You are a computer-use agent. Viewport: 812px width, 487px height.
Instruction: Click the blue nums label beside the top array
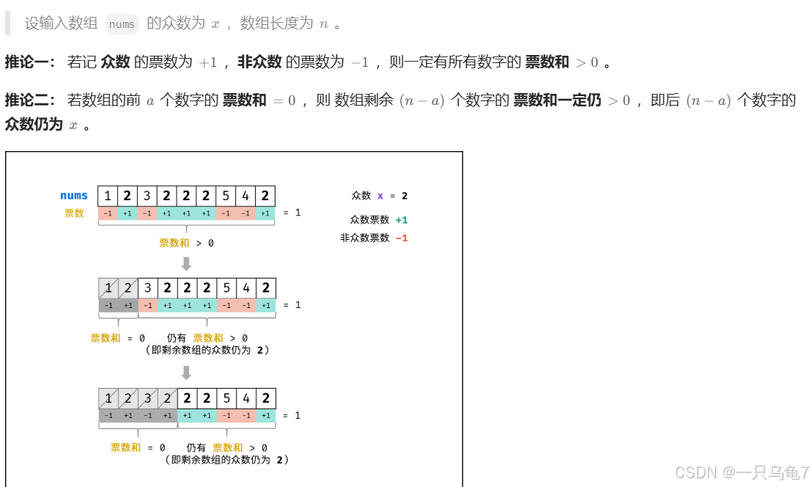74,196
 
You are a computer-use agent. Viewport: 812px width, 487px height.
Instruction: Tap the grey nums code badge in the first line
122,24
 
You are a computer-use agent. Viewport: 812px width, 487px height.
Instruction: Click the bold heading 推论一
30,62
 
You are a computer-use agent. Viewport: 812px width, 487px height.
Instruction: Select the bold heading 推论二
30,100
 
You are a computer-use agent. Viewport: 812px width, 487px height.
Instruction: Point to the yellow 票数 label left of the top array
74,213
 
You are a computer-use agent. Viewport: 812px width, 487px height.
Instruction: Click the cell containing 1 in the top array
108,196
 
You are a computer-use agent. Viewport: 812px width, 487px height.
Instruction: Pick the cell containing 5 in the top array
226,196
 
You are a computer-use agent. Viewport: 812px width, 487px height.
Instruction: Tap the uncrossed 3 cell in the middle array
147,288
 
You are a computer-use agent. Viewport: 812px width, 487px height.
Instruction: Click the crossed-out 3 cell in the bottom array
147,398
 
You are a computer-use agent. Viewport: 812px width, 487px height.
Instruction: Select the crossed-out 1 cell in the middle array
108,288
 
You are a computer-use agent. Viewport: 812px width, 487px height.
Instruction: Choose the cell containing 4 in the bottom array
246,398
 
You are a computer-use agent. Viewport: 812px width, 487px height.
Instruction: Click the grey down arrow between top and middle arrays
186,263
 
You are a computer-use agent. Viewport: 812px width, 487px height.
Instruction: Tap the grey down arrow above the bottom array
186,373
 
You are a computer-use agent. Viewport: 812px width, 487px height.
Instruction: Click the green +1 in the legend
401,219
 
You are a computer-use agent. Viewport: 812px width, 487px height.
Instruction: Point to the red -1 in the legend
401,238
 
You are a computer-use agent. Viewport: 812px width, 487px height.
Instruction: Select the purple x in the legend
380,196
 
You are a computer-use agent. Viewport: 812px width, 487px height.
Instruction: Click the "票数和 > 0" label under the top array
186,243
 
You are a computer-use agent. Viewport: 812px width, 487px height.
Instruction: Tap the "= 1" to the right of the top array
292,213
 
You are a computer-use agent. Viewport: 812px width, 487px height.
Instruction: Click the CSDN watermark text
741,472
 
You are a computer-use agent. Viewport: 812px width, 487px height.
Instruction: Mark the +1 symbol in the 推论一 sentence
208,62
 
